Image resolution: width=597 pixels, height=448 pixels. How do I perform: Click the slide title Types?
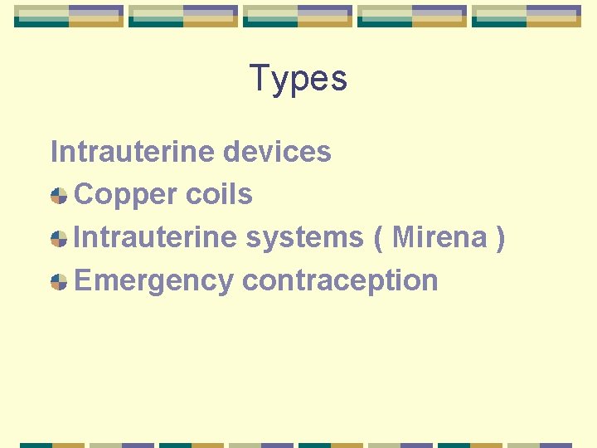coord(298,79)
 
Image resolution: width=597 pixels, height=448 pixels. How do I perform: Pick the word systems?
coord(304,237)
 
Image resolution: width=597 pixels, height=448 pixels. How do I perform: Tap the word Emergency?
coord(154,280)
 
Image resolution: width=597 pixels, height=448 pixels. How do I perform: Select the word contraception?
coord(340,280)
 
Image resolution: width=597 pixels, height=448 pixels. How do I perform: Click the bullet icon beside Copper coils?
coord(59,196)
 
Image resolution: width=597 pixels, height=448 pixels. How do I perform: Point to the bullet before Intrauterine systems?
coord(59,239)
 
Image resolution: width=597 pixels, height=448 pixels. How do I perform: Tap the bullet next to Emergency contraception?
coord(59,282)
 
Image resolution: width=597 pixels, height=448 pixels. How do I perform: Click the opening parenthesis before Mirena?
coord(379,238)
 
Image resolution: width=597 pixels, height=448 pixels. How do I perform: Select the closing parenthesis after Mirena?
coord(499,238)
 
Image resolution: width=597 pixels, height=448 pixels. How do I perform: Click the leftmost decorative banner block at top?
coord(69,16)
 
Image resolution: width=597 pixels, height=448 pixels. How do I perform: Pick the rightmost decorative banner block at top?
coord(527,16)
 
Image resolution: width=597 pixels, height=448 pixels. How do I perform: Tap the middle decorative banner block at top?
coord(298,16)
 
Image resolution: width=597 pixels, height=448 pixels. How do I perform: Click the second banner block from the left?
coord(183,16)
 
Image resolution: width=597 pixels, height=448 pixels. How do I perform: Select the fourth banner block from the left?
coord(412,16)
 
